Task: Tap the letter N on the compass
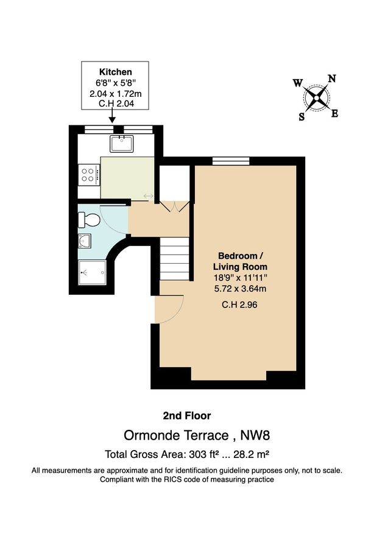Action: click(x=332, y=79)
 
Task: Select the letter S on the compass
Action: click(x=302, y=117)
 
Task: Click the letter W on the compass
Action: click(x=297, y=83)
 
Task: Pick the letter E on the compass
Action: click(x=334, y=113)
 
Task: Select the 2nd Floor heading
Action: click(x=186, y=416)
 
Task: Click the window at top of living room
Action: click(x=221, y=161)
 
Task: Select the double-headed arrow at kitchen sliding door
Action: click(x=149, y=195)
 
